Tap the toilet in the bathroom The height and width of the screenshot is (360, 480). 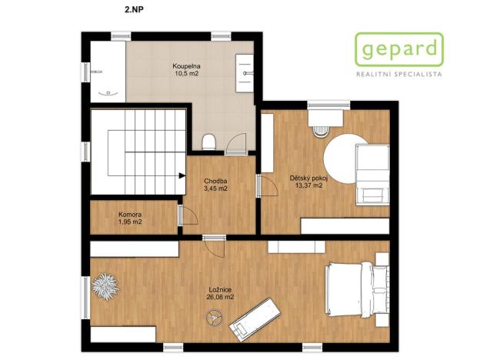(207, 140)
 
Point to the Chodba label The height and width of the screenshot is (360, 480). (215, 181)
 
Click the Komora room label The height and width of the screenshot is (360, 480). (129, 215)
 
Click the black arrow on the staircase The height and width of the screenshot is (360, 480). (182, 175)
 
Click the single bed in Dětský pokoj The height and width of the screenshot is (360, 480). (372, 175)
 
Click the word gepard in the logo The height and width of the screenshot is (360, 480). (399, 52)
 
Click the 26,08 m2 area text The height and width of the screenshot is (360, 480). (220, 297)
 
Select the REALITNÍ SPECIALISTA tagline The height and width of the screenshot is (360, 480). (398, 75)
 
